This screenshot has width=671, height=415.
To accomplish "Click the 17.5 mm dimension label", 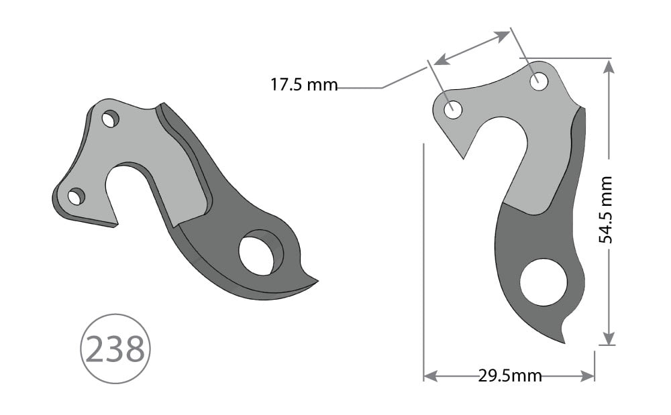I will (x=303, y=85).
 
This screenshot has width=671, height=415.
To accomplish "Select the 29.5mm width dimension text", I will (x=509, y=375).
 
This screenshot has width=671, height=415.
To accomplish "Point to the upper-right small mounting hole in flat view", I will (x=539, y=82).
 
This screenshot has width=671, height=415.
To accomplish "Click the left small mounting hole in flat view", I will (x=454, y=109).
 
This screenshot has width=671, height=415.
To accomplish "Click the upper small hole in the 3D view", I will (x=110, y=120).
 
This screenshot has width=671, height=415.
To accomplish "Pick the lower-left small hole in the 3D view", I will (x=76, y=196).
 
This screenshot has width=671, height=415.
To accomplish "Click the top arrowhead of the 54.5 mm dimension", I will (x=608, y=66).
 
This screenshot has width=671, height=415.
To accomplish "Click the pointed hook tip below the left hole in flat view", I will (x=464, y=158).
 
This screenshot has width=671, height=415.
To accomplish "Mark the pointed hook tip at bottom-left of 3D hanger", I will (x=116, y=225).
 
